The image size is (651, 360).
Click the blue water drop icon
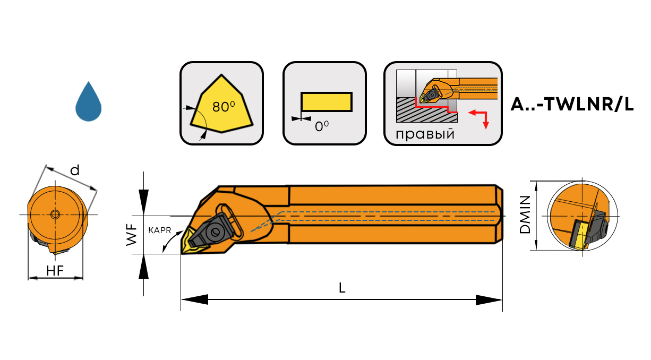point(88,102)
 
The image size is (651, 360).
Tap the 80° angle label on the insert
point(224,107)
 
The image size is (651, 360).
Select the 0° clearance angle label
point(322,126)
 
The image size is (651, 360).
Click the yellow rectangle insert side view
point(327,102)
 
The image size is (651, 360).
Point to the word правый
point(425,134)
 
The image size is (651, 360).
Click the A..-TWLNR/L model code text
point(572,104)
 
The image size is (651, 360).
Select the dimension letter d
point(75,170)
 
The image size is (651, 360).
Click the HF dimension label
point(55,271)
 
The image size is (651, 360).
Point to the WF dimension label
point(132,235)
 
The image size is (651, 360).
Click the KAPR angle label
point(159,230)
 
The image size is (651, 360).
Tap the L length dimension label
point(342,288)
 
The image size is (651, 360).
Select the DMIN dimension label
point(525,215)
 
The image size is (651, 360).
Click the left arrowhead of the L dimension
point(195,299)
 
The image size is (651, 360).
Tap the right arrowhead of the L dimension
point(489,300)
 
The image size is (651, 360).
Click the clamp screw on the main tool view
point(216,232)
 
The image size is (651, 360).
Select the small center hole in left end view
point(55,215)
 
